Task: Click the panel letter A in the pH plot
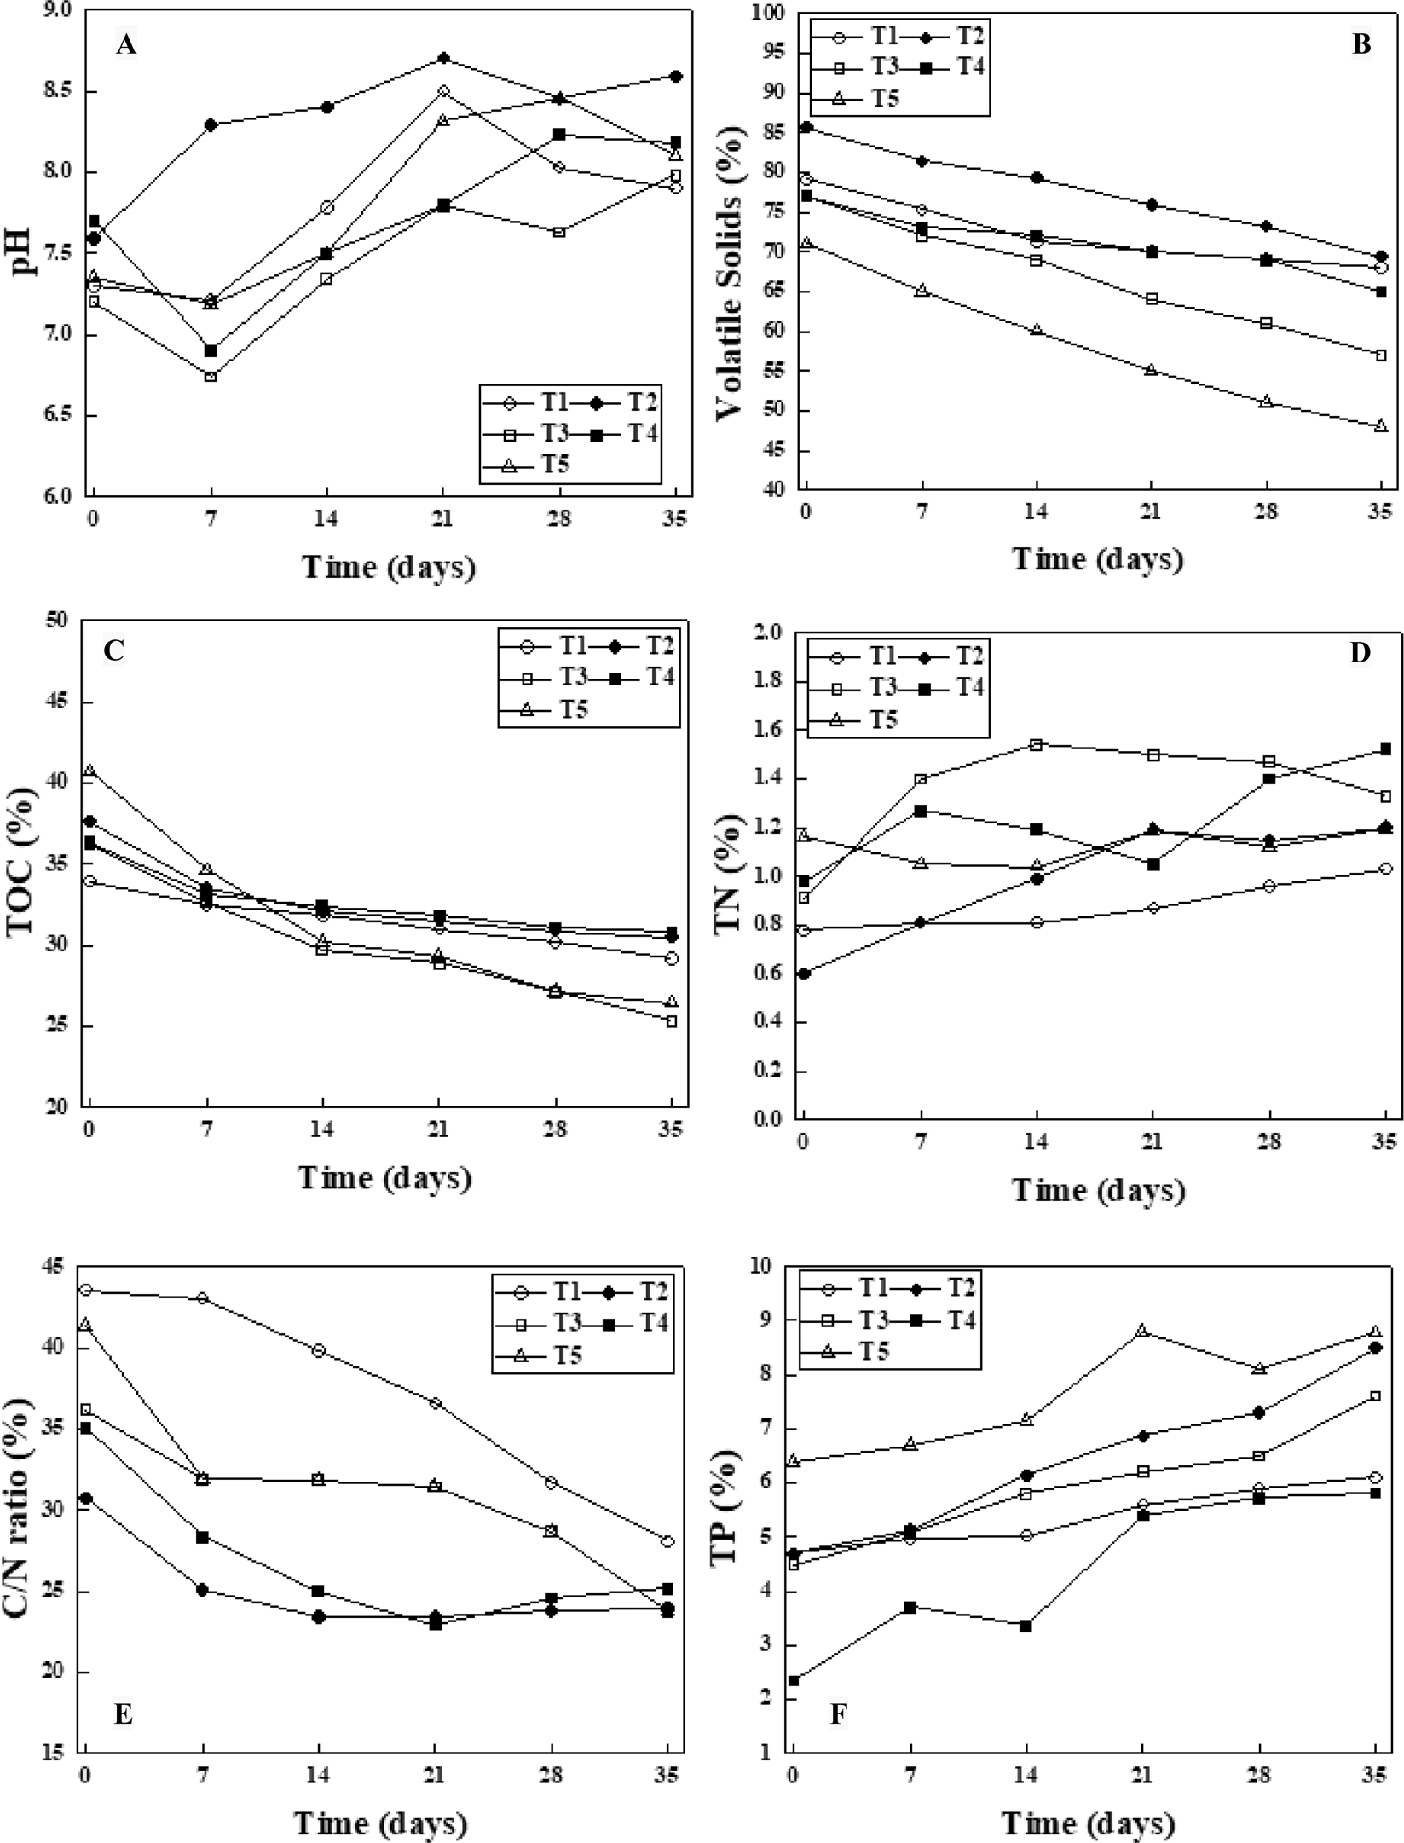coord(125,45)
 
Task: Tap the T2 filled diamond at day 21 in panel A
coord(443,58)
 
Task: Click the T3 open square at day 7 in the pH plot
coord(211,376)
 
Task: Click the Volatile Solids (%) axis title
coord(730,258)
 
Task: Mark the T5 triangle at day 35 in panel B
coord(1381,425)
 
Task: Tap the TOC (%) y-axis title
coord(23,862)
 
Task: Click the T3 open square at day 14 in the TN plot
coord(1036,744)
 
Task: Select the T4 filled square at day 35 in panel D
coord(1385,749)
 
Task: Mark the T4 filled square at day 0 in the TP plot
coord(794,1680)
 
